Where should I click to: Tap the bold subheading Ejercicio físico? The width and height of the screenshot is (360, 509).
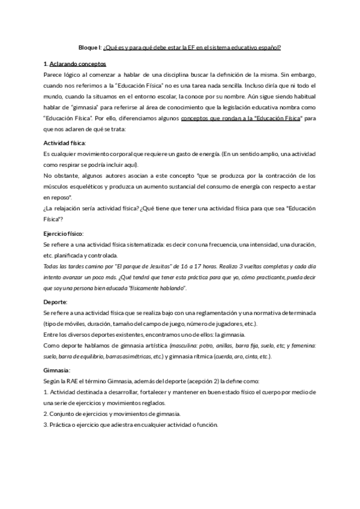pos(64,233)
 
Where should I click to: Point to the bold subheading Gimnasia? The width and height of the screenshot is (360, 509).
pos(57,370)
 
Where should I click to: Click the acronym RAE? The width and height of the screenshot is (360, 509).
pos(78,382)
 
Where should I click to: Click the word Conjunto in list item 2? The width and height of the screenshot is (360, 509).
pos(63,414)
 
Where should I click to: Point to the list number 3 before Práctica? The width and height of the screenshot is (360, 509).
pos(46,425)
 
